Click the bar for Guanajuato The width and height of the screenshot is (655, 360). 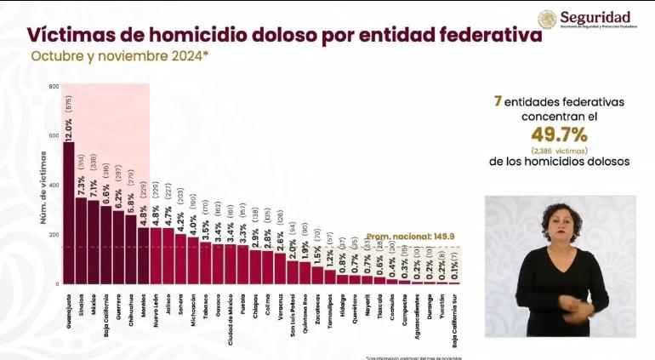click(69, 213)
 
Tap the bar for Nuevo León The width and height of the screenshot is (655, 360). click(156, 255)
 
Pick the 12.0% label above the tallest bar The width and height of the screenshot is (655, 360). click(69, 128)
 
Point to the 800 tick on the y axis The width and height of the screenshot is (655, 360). click(54, 87)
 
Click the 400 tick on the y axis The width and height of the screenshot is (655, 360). click(54, 186)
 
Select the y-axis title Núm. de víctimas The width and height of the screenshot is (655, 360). click(43, 187)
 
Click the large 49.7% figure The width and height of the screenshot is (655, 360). click(560, 134)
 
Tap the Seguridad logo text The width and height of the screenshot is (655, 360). click(595, 17)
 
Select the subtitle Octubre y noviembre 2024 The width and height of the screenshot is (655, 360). click(119, 55)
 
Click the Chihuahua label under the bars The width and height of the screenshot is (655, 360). click(130, 307)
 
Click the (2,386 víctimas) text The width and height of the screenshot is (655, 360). click(560, 150)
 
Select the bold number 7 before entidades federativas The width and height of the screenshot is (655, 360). click(498, 101)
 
